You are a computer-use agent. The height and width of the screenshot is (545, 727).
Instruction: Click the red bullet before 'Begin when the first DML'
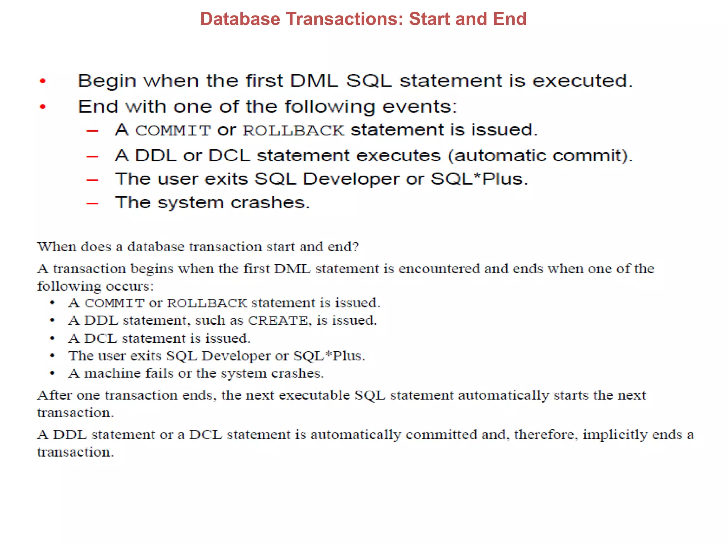click(43, 81)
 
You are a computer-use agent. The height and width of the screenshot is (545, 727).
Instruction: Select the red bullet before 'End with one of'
click(43, 106)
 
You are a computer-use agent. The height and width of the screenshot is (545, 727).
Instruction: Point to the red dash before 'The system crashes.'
click(92, 204)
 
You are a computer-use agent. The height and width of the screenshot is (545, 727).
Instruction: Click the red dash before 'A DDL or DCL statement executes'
click(92, 156)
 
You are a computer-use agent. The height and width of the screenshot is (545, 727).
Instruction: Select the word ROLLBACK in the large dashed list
click(294, 131)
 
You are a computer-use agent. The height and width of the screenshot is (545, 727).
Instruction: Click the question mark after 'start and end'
click(356, 247)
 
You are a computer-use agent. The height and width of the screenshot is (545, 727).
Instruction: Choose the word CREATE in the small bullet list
click(278, 320)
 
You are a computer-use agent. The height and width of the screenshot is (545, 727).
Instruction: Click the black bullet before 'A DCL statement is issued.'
click(53, 338)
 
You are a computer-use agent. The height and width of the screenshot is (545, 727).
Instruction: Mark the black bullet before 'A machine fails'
click(53, 373)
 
